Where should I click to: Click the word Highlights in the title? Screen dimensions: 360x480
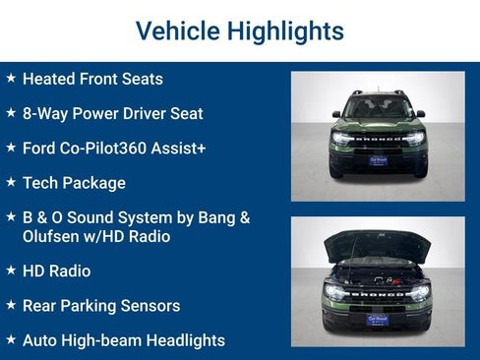click(x=285, y=30)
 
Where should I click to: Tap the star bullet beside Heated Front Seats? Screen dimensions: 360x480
click(x=11, y=78)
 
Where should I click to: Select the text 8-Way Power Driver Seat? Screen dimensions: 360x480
click(x=112, y=113)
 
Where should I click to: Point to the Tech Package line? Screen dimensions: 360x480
click(x=74, y=182)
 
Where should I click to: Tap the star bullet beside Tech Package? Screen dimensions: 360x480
click(x=11, y=182)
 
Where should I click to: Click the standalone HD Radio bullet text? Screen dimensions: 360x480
click(x=56, y=270)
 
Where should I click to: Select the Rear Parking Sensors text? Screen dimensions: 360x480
click(x=100, y=305)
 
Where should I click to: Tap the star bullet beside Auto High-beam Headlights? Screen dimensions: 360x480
click(x=11, y=339)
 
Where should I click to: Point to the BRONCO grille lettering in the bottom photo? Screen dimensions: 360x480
click(x=378, y=291)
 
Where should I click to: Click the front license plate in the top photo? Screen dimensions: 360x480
click(x=378, y=159)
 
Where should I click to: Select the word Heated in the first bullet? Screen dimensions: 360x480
click(x=49, y=79)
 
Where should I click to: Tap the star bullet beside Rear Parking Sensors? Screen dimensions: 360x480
click(x=11, y=305)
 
